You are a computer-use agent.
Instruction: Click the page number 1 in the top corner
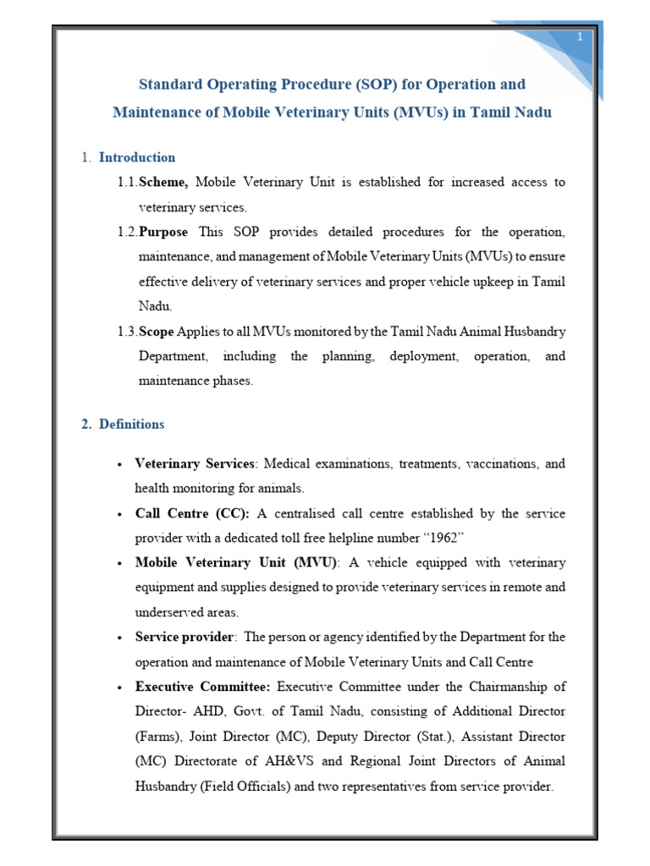pos(580,36)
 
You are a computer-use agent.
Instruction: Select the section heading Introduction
pos(137,157)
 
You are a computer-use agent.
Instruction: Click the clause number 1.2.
pos(127,232)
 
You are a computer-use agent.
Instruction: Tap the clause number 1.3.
pos(127,332)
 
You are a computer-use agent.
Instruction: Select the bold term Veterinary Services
pos(195,464)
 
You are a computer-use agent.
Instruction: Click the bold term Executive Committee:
pos(203,686)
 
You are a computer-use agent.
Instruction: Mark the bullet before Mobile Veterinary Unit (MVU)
pos(120,563)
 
